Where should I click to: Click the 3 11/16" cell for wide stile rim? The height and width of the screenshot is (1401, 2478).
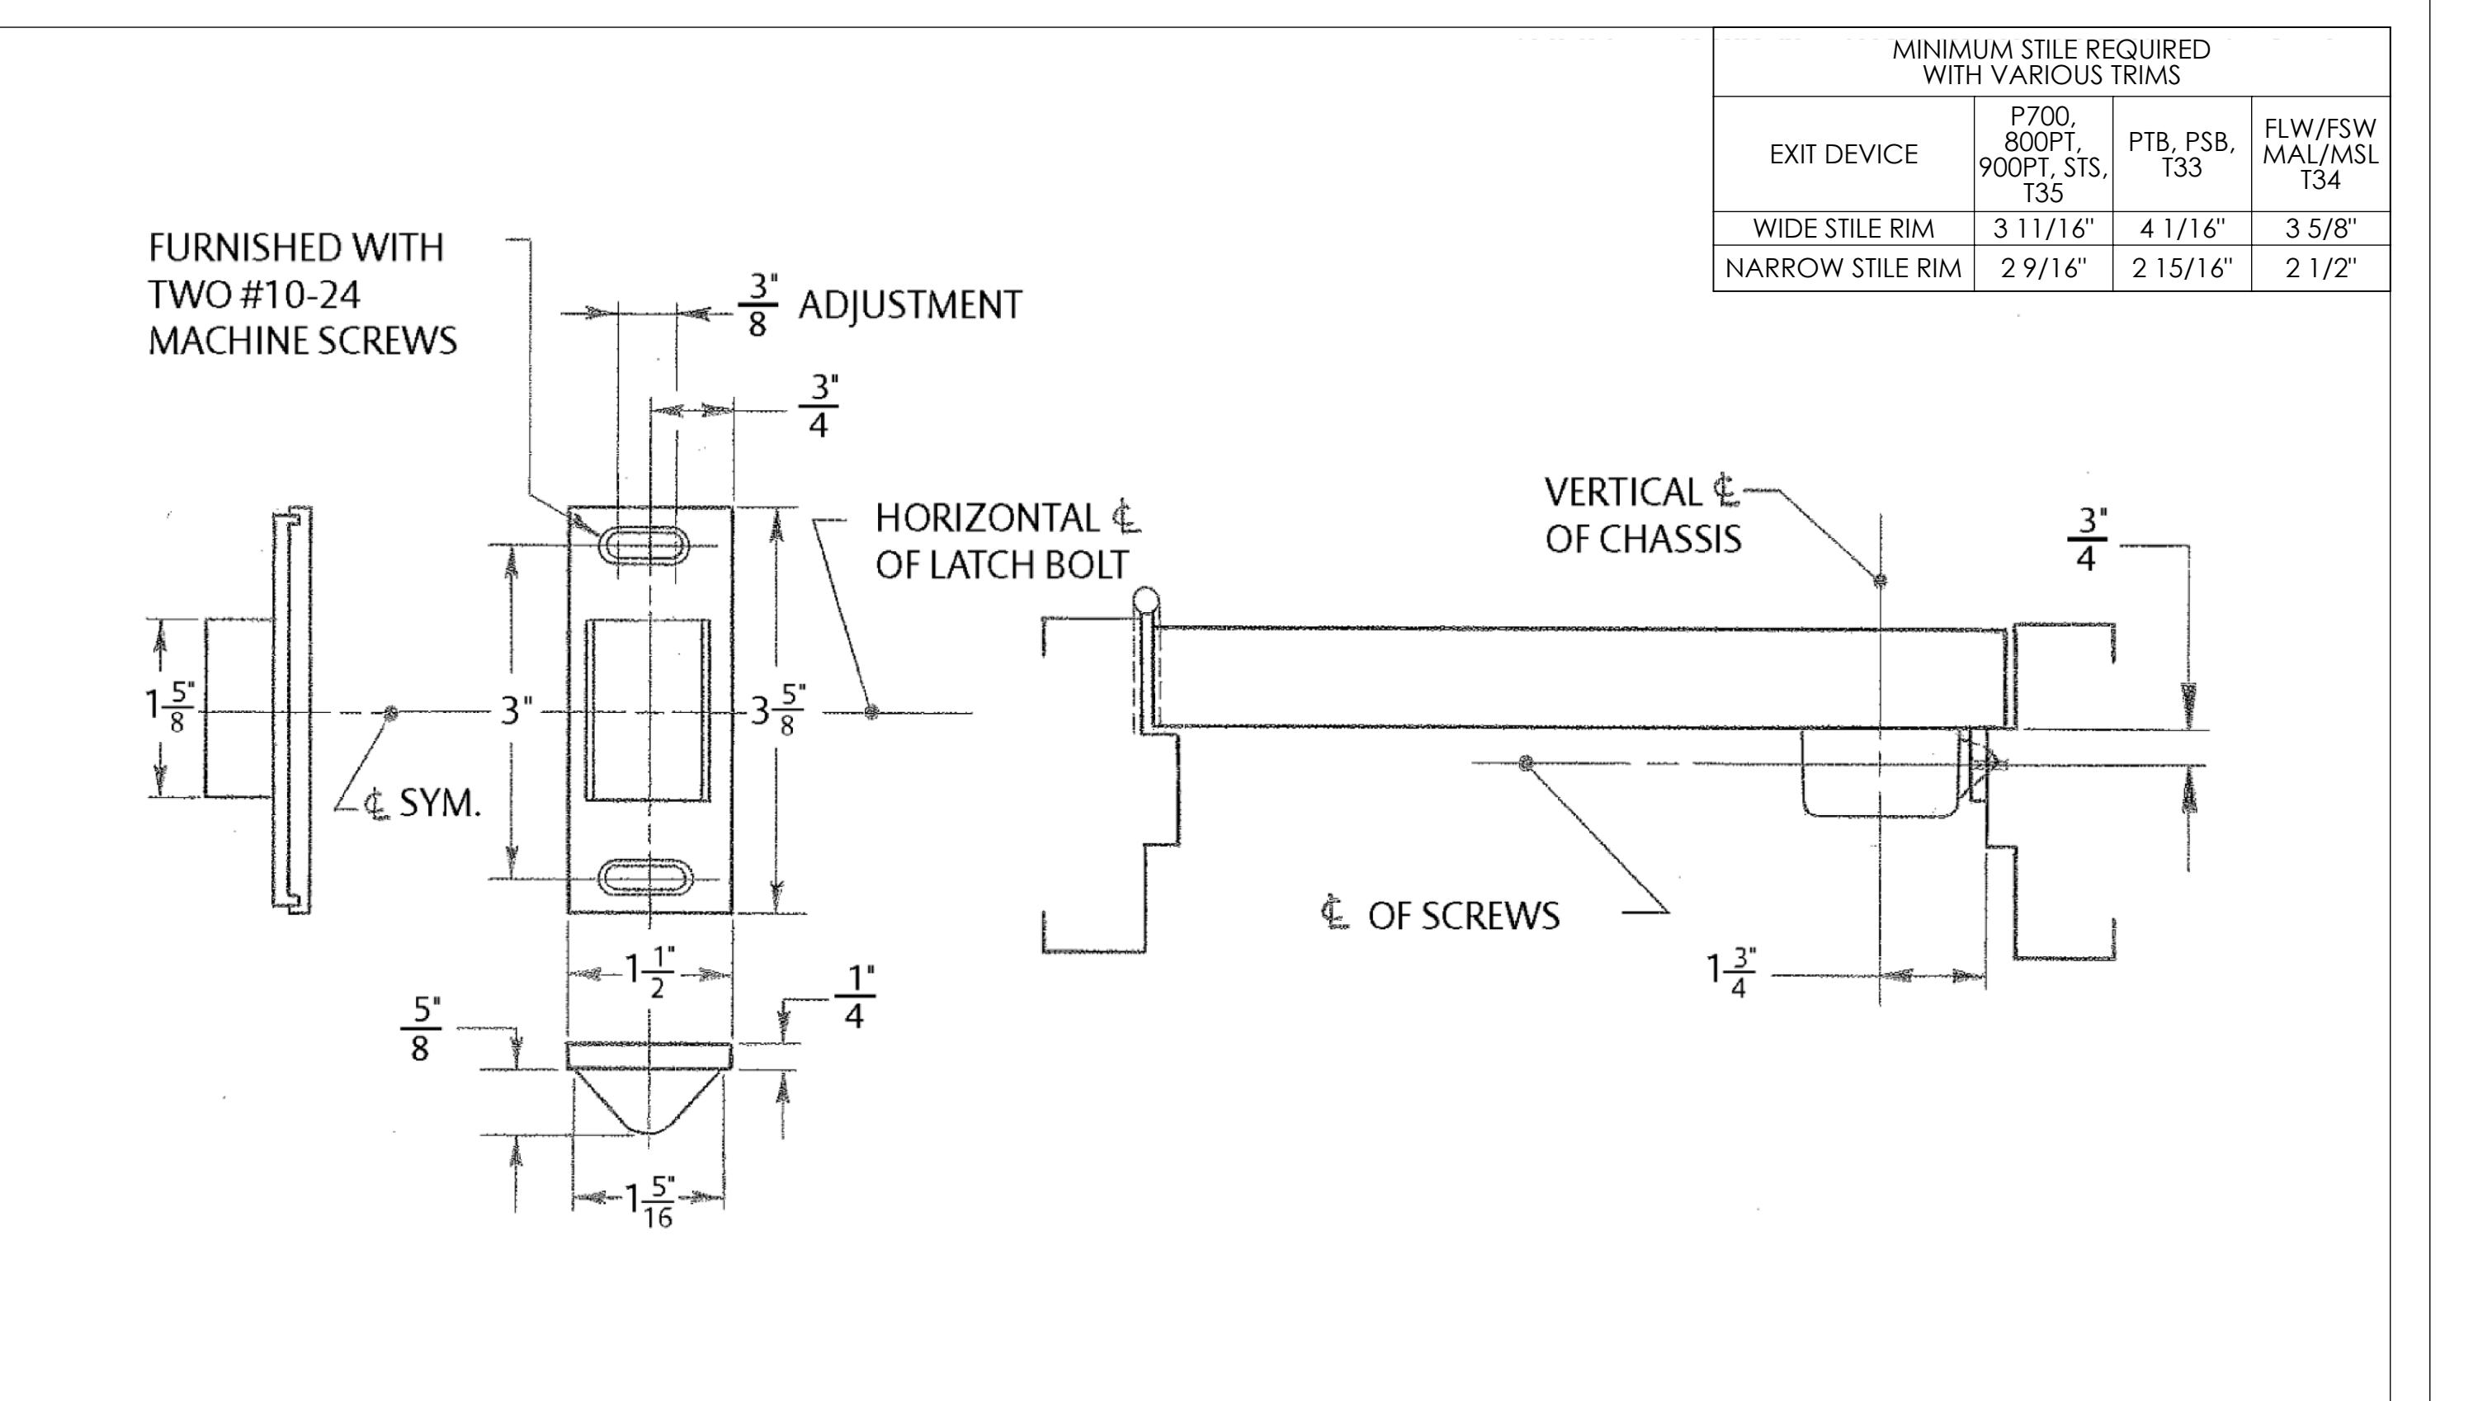pyautogui.click(x=2042, y=229)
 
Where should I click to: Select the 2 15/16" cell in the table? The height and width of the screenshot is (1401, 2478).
pyautogui.click(x=2181, y=268)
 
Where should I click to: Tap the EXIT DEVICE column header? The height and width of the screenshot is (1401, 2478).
pyautogui.click(x=1843, y=154)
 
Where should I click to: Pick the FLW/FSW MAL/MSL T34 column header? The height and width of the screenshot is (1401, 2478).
pyautogui.click(x=2320, y=154)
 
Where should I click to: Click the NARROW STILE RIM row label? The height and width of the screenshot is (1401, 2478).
pyautogui.click(x=1843, y=268)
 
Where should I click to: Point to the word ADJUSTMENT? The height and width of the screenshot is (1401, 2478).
pyautogui.click(x=909, y=306)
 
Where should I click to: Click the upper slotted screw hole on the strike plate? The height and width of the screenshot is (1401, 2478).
pyautogui.click(x=644, y=545)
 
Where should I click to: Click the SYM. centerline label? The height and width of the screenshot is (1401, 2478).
pyautogui.click(x=423, y=803)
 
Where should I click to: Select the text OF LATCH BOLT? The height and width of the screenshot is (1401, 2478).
pyautogui.click(x=1001, y=565)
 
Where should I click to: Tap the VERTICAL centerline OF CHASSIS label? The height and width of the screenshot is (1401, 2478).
pyautogui.click(x=1643, y=516)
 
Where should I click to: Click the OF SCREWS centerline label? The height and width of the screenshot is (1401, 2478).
pyautogui.click(x=1442, y=916)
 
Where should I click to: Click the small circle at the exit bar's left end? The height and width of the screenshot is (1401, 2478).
pyautogui.click(x=1145, y=601)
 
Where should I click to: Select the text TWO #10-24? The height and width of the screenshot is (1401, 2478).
pyautogui.click(x=254, y=295)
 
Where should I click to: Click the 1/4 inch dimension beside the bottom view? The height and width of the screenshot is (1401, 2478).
pyautogui.click(x=852, y=997)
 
